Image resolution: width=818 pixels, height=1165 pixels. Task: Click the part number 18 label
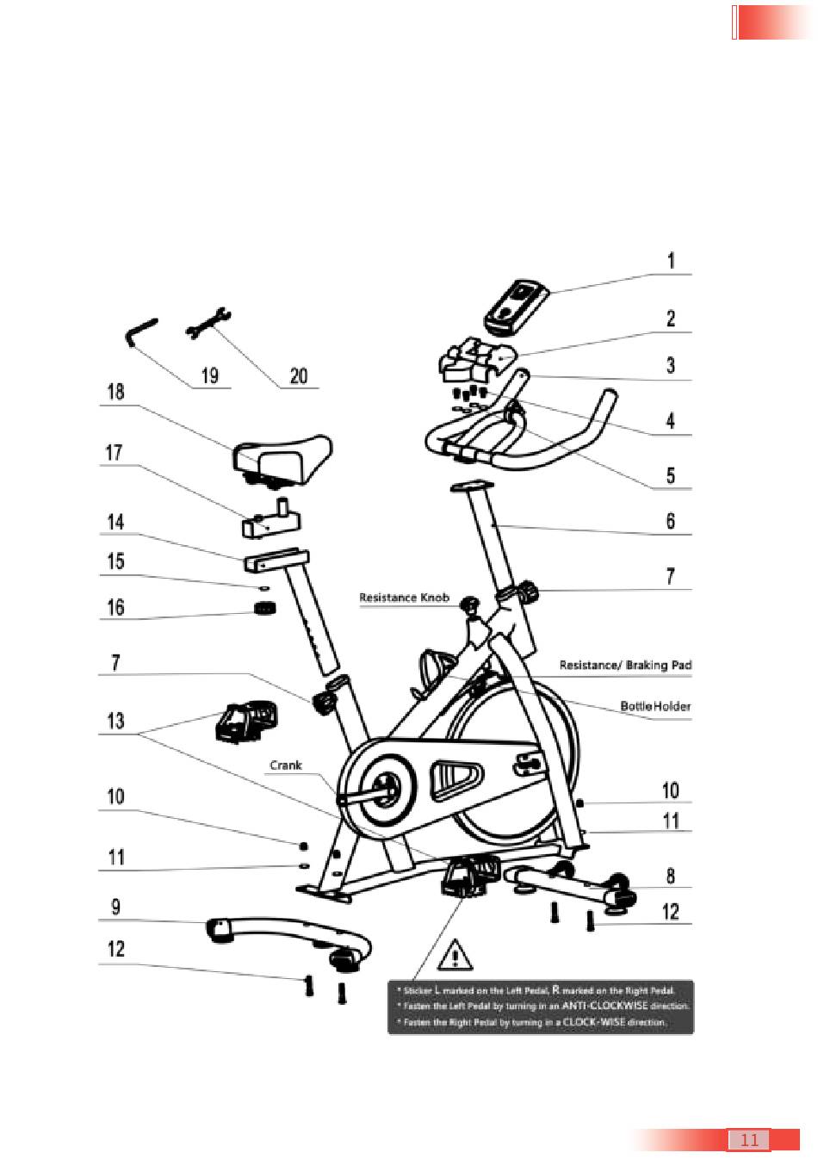(x=115, y=393)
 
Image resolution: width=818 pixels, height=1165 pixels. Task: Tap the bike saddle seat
(x=282, y=455)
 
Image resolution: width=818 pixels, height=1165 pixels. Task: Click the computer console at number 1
(x=515, y=307)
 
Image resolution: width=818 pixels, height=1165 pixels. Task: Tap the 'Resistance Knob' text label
(x=404, y=598)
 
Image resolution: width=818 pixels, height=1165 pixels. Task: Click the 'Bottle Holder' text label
(x=655, y=706)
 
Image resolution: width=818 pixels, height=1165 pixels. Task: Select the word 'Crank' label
(x=286, y=765)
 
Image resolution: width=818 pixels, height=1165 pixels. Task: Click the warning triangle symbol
(x=455, y=955)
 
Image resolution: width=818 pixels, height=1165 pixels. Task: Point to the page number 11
(x=749, y=1140)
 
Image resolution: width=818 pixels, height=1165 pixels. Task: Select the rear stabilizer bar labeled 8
(x=573, y=884)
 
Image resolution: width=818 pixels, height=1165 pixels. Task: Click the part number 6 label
(x=670, y=521)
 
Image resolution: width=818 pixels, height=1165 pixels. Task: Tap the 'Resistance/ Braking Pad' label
(x=625, y=665)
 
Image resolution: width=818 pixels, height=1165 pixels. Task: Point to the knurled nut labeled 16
(x=265, y=609)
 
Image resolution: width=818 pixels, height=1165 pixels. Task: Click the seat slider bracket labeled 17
(x=271, y=517)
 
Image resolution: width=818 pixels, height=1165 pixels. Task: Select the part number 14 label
(x=115, y=523)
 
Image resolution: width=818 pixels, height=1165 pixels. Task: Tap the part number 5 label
(x=670, y=475)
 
